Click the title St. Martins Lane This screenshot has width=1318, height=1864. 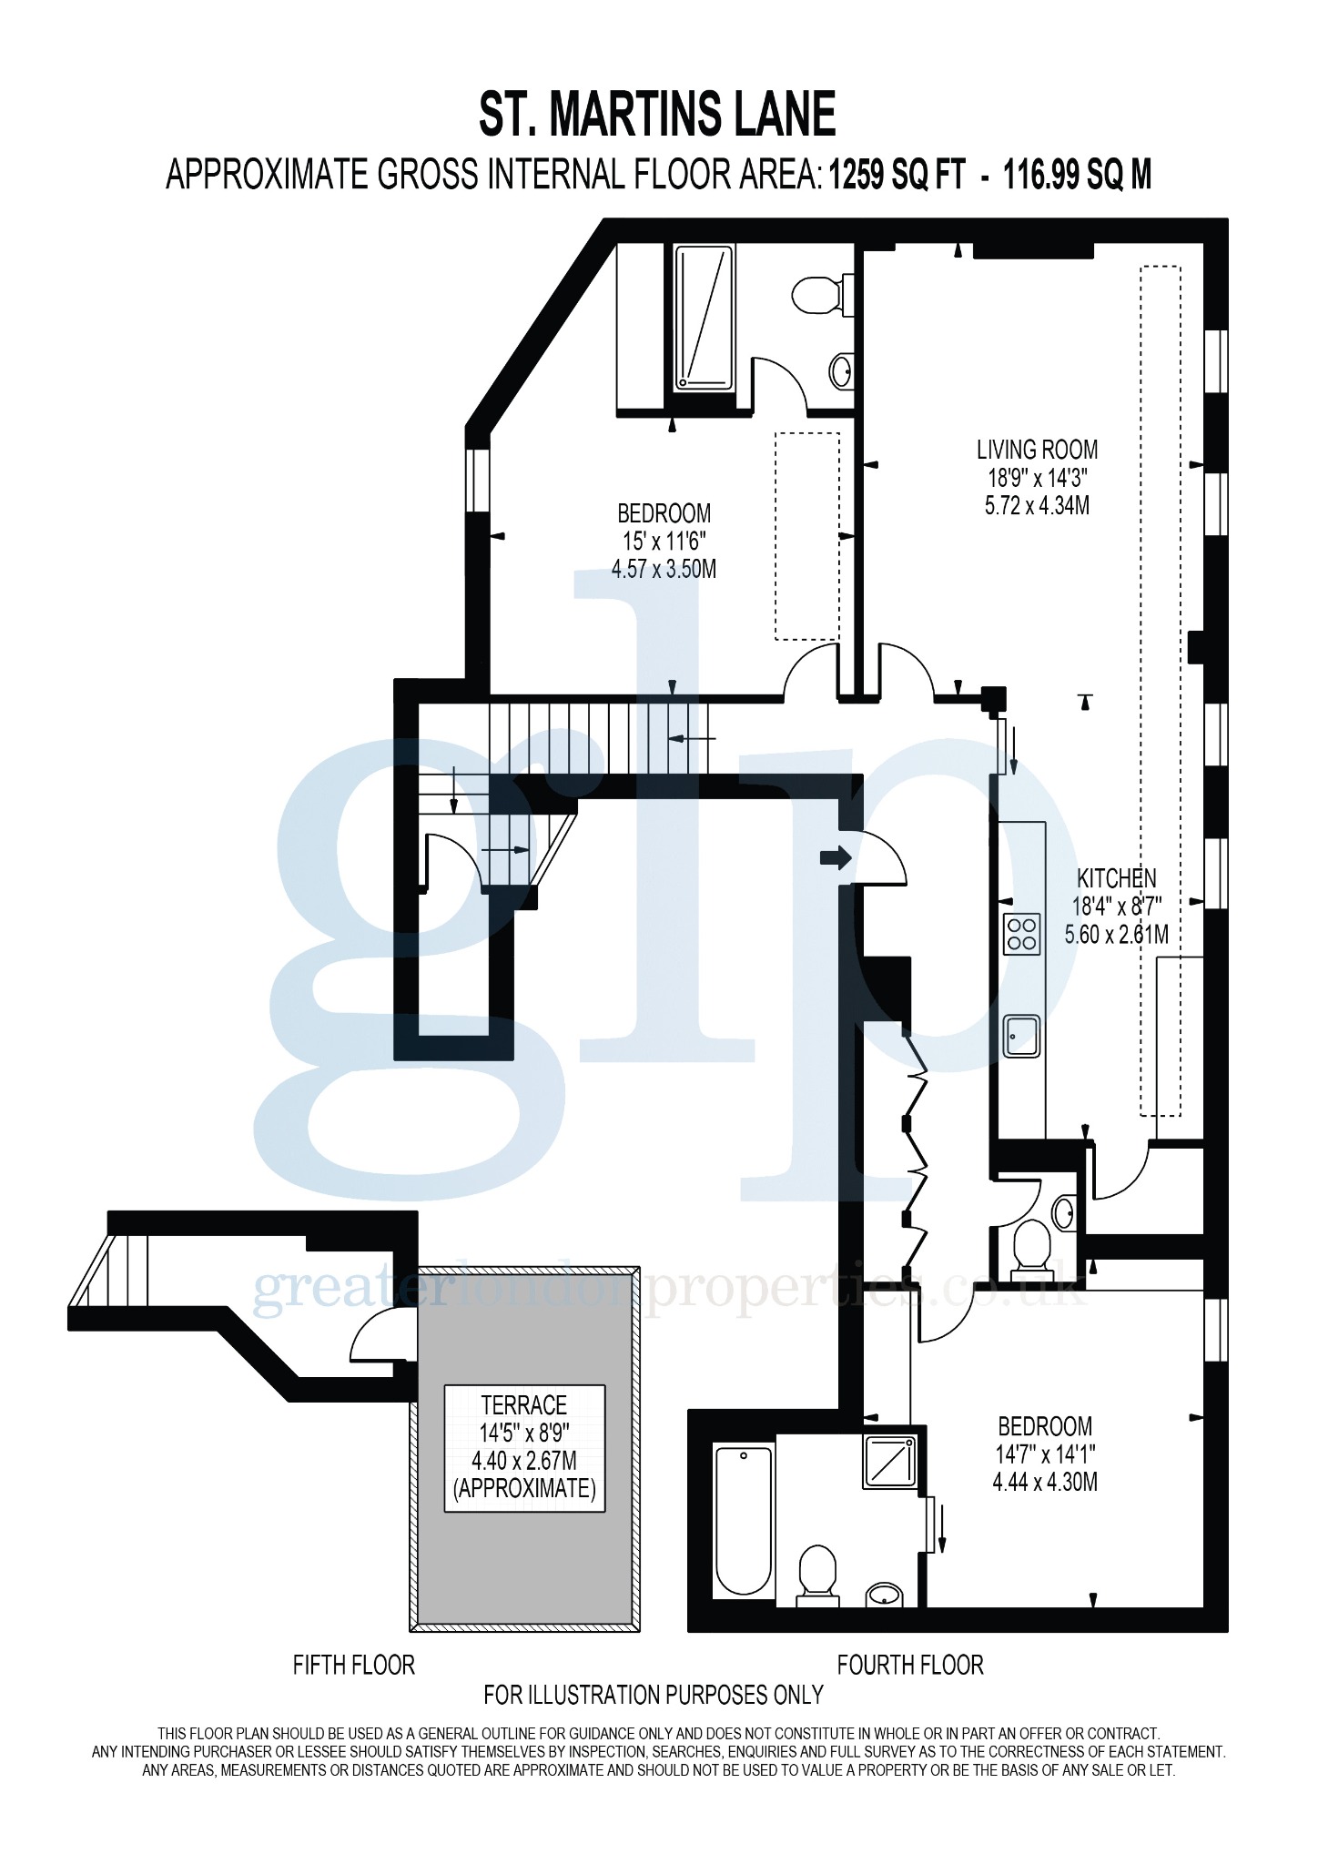click(x=657, y=115)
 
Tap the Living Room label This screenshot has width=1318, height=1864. click(x=1037, y=450)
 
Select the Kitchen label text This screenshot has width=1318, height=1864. click(x=1116, y=878)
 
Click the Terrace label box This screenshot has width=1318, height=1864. click(x=524, y=1448)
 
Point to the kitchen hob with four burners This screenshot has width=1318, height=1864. click(x=1021, y=934)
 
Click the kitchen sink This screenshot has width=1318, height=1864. click(x=1021, y=1037)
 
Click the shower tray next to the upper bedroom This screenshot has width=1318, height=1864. click(x=704, y=318)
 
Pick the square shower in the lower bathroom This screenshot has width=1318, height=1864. click(x=889, y=1461)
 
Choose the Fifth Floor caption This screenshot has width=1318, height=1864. click(x=353, y=1666)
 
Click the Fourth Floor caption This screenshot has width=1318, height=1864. click(x=910, y=1666)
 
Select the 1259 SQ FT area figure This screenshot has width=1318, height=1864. click(x=896, y=175)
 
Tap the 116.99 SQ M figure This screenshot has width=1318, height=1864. click(x=1077, y=175)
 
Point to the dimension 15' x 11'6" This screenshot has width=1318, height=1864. click(x=664, y=542)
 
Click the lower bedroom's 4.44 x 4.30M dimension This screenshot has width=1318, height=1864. click(x=1044, y=1483)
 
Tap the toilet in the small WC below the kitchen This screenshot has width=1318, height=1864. click(x=1030, y=1245)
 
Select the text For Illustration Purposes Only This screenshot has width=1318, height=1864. click(x=653, y=1695)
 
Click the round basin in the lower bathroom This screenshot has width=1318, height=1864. click(x=884, y=1594)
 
